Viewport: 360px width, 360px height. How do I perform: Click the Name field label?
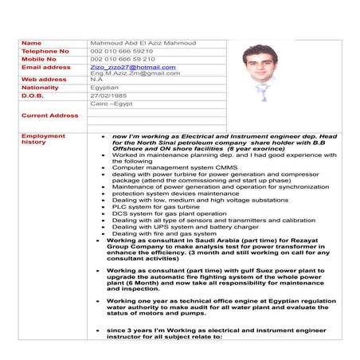31,42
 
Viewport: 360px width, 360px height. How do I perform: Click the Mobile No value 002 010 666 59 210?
123,59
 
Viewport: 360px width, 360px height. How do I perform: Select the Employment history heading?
44,139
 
